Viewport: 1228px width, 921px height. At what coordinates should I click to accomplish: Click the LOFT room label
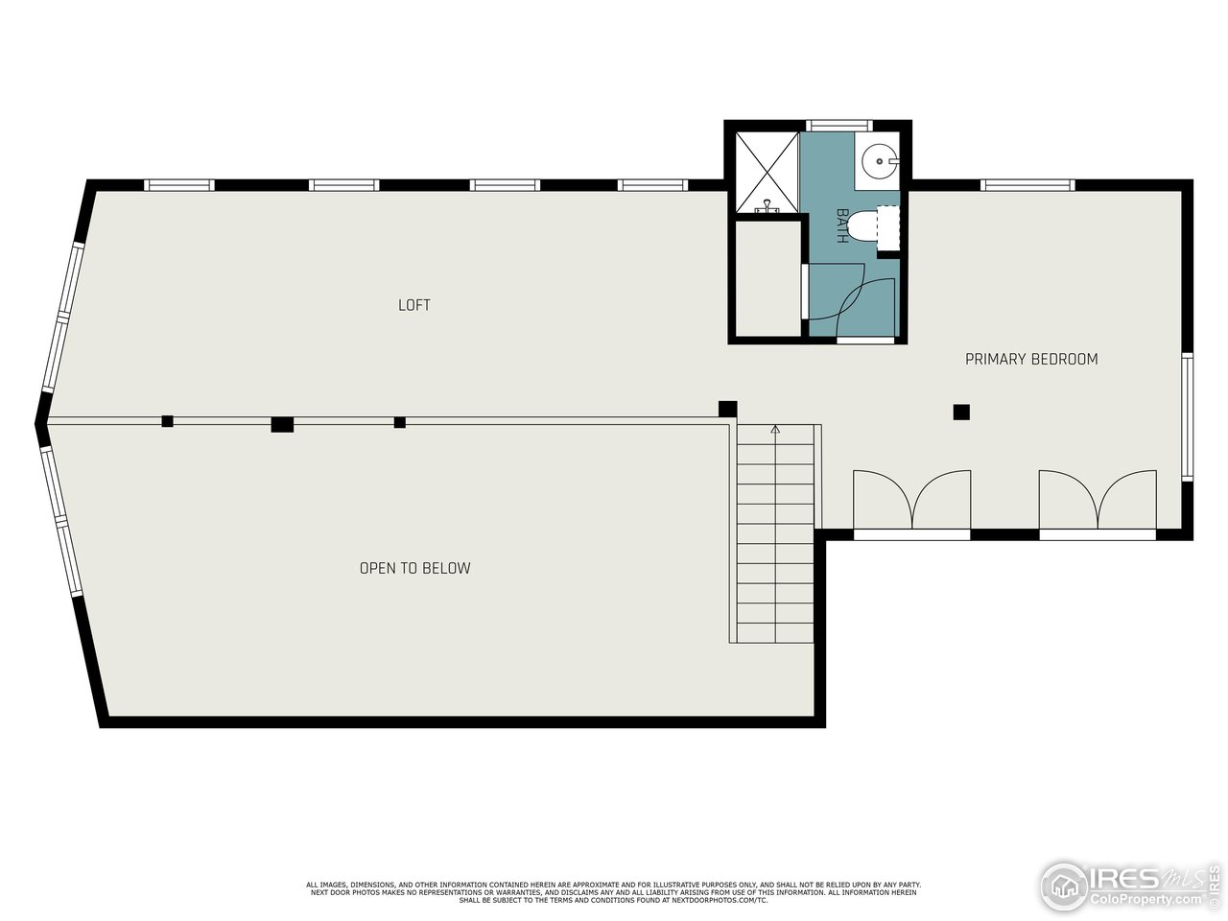pos(414,305)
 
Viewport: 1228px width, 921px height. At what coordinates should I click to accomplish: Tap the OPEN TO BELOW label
pos(414,568)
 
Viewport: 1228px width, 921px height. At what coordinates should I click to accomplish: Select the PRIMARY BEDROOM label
pos(1031,359)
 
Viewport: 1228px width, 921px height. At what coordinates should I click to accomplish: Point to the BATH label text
pos(842,225)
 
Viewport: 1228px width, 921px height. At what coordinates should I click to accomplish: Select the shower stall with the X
pos(767,171)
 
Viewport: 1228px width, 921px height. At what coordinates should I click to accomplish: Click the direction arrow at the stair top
pos(775,430)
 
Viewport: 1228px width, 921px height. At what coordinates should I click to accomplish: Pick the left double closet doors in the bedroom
pos(911,501)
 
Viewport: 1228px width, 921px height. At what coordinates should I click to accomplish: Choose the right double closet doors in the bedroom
pos(1098,501)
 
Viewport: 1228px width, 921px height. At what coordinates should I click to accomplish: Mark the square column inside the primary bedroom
pos(961,413)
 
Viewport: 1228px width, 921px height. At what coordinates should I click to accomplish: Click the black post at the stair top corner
pos(728,409)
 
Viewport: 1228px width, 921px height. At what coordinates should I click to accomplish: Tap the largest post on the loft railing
pos(282,424)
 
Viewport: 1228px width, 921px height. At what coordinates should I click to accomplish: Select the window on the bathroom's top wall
pos(838,125)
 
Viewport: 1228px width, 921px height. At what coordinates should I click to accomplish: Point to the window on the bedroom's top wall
pos(1027,185)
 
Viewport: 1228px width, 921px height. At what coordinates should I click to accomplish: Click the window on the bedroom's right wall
pos(1188,416)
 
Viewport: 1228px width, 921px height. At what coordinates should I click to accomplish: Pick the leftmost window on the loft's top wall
pos(178,185)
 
